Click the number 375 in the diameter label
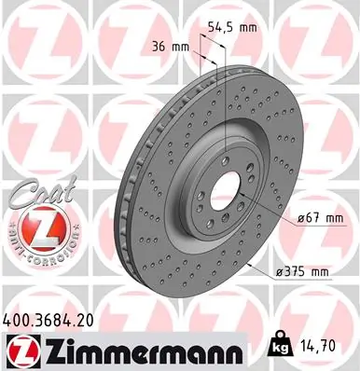point(293,271)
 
